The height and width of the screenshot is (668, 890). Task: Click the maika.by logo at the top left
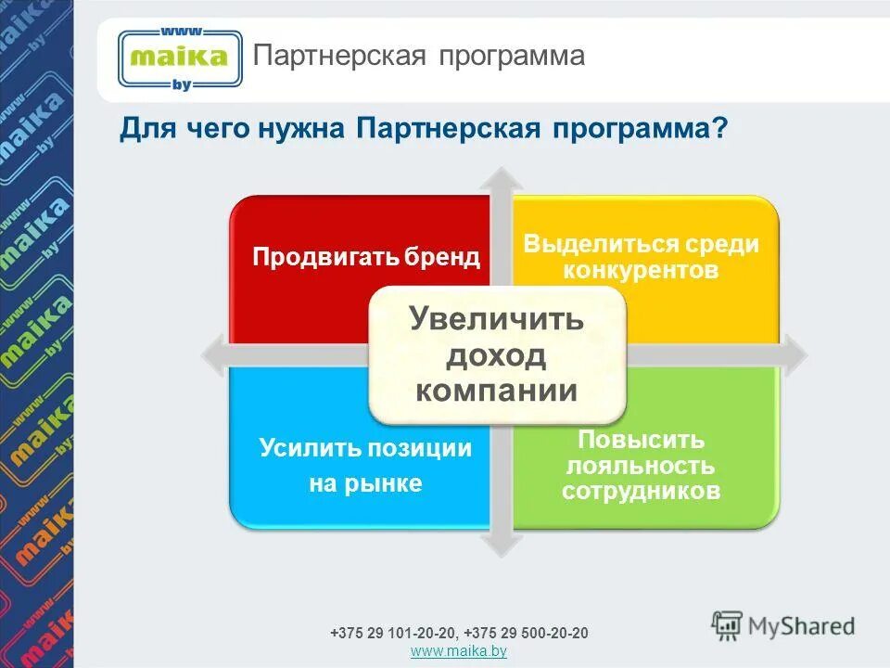pyautogui.click(x=179, y=58)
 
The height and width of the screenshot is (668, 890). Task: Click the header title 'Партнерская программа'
pyautogui.click(x=419, y=56)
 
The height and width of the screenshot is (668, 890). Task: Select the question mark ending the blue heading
pyautogui.click(x=719, y=129)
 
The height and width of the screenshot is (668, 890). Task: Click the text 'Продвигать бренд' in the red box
pyautogui.click(x=367, y=257)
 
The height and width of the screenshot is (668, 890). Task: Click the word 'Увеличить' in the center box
pyautogui.click(x=497, y=320)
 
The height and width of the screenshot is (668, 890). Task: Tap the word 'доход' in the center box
pyautogui.click(x=497, y=355)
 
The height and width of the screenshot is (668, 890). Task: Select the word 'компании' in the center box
pyautogui.click(x=497, y=391)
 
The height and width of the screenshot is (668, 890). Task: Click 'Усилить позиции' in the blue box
pyautogui.click(x=365, y=449)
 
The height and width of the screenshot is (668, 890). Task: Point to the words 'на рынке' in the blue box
pyautogui.click(x=365, y=483)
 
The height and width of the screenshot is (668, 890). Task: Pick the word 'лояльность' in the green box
pyautogui.click(x=641, y=466)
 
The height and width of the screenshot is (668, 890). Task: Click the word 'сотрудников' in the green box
pyautogui.click(x=641, y=491)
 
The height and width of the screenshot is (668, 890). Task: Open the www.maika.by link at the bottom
pyautogui.click(x=458, y=652)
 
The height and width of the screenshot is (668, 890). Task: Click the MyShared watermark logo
pyautogui.click(x=782, y=626)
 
